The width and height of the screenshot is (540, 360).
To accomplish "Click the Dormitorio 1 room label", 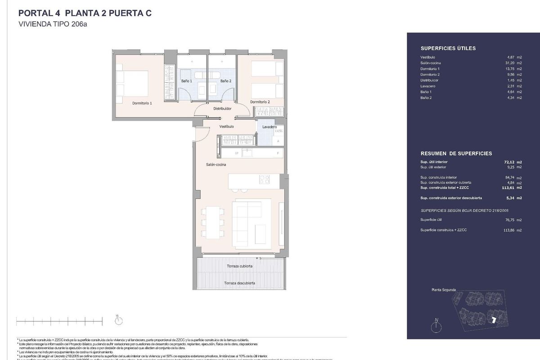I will (142, 103).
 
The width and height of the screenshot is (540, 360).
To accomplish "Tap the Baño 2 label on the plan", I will (226, 81).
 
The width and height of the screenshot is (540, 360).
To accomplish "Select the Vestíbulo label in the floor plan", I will (227, 127).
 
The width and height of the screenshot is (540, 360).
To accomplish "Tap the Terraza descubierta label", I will (240, 283).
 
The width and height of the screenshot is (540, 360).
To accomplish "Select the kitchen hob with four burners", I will (265, 179).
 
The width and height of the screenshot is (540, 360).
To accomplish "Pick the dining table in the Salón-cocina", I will (212, 222).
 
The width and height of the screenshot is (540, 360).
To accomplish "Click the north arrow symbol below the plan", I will (119, 320).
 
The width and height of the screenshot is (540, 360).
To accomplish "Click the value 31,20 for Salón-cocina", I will (508, 63).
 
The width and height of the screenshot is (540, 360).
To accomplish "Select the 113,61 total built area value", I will (508, 188).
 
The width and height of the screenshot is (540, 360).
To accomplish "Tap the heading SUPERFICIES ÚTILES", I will (448, 48).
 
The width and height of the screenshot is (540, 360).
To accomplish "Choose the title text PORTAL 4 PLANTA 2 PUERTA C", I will (84, 13).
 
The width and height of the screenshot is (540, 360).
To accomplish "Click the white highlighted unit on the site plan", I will (494, 319).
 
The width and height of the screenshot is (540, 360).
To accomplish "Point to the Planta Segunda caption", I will (443, 290).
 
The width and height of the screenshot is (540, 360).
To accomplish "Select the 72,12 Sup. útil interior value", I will (508, 162).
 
